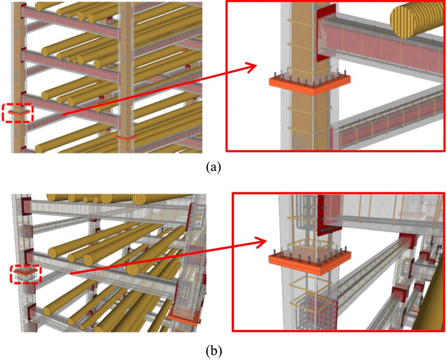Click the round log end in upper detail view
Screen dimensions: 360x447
click(410, 23)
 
